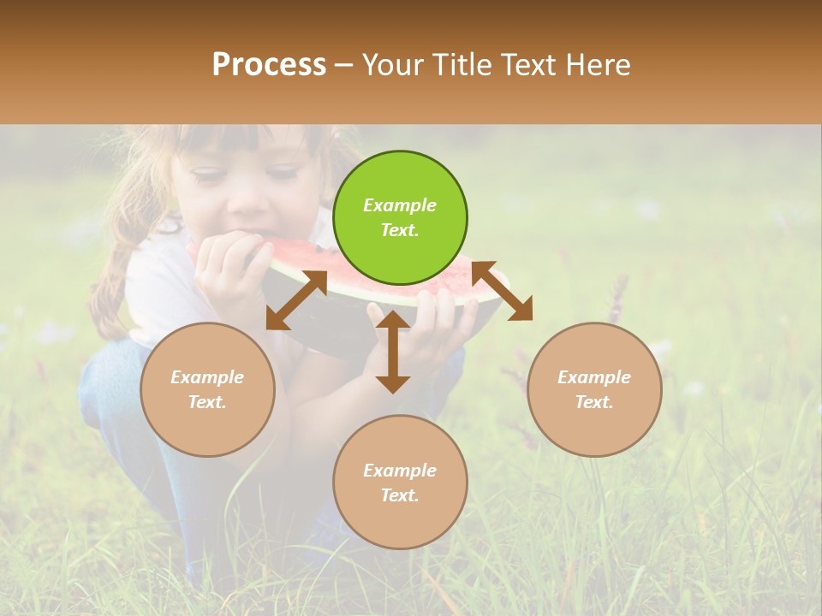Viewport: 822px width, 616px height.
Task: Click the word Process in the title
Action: [269, 65]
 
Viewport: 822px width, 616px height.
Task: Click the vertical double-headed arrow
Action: [393, 352]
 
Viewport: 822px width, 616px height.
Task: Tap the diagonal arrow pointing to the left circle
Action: [296, 299]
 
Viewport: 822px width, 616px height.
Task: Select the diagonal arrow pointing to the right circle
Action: [503, 292]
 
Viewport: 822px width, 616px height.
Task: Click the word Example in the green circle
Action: [400, 205]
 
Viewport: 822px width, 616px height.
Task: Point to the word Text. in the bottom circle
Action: [400, 495]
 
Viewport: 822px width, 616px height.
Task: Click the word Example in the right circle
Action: [594, 377]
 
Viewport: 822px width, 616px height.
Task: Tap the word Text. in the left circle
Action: [207, 402]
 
